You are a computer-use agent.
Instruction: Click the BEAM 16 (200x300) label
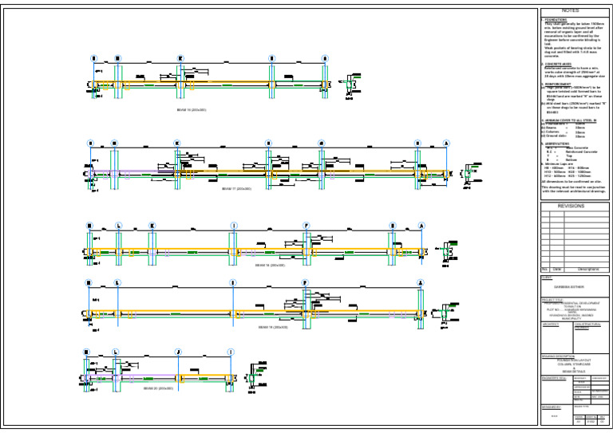tap(192, 110)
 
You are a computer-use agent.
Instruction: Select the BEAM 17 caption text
tap(236, 189)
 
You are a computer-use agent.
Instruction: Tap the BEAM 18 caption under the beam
tap(271, 266)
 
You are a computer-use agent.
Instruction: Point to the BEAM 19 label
tap(272, 327)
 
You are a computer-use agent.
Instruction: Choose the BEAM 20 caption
tap(158, 388)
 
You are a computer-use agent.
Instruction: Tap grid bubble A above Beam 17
tap(446, 144)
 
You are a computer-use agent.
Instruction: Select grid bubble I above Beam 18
tap(233, 226)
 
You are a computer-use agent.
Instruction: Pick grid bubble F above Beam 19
tap(305, 283)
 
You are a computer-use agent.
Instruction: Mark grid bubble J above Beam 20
tap(178, 352)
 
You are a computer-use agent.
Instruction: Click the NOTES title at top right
tap(580, 12)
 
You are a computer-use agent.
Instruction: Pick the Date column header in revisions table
tap(557, 270)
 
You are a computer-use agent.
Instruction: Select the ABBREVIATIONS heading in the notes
tap(562, 144)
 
